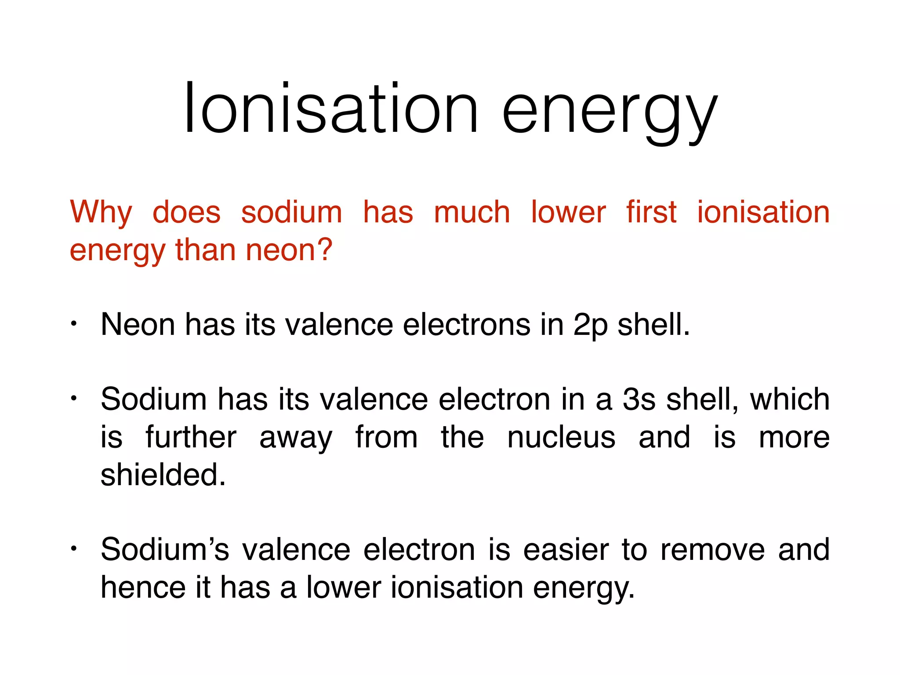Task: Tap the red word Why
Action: point(101,213)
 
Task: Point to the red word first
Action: point(651,212)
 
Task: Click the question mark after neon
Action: point(324,249)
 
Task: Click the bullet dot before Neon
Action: point(74,324)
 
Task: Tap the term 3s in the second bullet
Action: point(639,399)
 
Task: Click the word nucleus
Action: point(561,437)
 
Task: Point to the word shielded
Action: point(163,475)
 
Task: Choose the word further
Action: point(191,437)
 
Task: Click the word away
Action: point(296,439)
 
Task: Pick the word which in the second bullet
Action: point(789,399)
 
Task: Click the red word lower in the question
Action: point(568,212)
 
